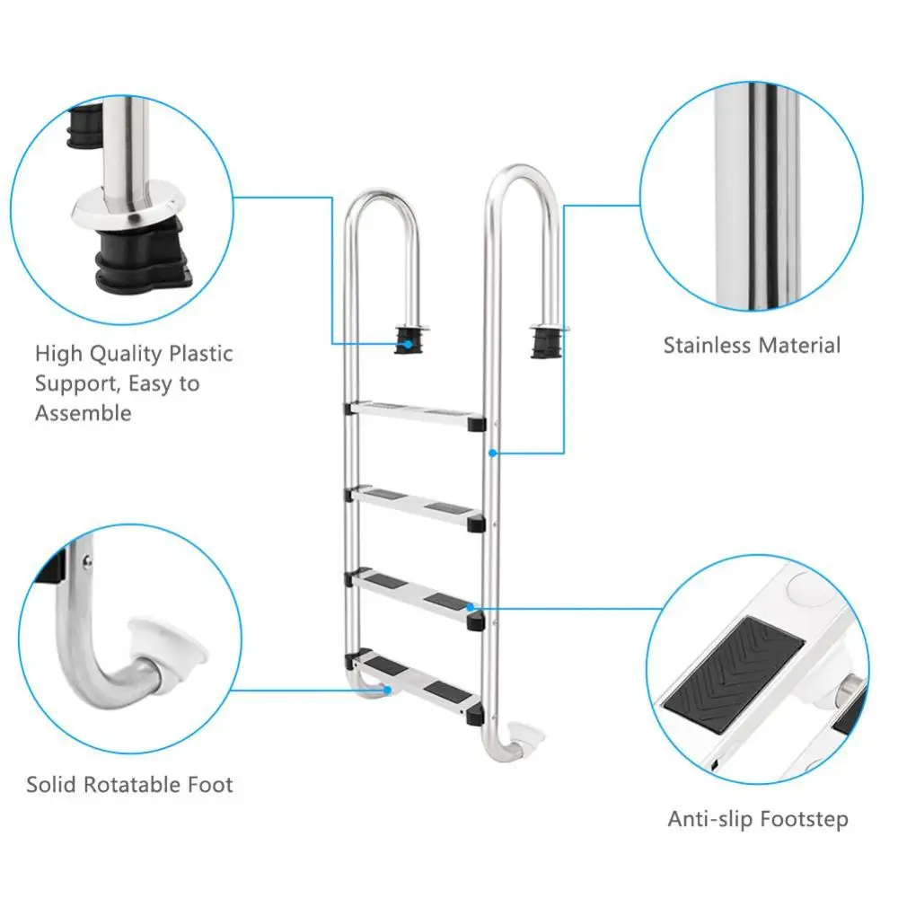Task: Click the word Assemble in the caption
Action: [x=83, y=413]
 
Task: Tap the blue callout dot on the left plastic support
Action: [x=408, y=344]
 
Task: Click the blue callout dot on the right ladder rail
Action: [x=492, y=453]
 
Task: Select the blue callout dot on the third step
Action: [x=471, y=607]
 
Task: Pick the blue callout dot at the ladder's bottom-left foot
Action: [x=388, y=690]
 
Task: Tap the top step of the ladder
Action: [x=415, y=415]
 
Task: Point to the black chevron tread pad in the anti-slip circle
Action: [x=735, y=674]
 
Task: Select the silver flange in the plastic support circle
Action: [x=128, y=208]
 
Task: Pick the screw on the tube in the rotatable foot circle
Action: [x=87, y=560]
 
